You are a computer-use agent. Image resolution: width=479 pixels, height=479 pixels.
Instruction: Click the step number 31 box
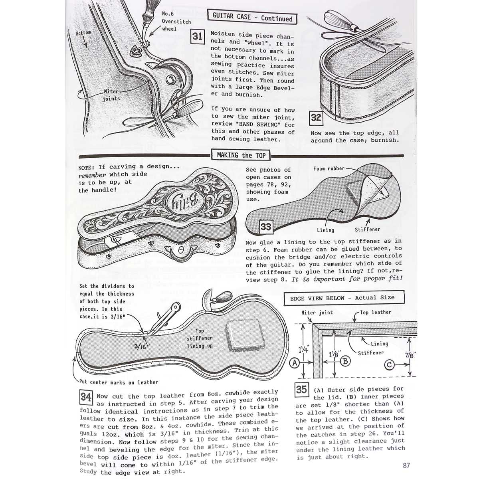tap(198, 37)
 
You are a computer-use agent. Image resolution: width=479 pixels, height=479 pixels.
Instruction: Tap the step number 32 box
tap(316, 118)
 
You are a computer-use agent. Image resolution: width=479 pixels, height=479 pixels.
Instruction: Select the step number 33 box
tap(266, 227)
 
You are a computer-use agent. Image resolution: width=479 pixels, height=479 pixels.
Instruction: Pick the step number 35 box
tap(301, 389)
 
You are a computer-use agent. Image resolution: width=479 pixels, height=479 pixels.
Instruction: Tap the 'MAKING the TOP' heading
tap(241, 155)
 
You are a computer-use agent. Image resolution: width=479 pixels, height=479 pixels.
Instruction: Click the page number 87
tap(406, 465)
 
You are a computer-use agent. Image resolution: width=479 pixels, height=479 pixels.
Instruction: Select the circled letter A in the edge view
tap(295, 363)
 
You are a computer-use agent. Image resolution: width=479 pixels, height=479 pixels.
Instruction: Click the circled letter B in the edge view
tap(345, 361)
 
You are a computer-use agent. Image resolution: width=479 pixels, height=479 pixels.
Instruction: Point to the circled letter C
tap(389, 365)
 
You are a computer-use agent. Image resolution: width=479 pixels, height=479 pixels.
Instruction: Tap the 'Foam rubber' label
tap(329, 168)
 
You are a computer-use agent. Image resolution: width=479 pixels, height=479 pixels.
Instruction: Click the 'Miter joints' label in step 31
tap(111, 95)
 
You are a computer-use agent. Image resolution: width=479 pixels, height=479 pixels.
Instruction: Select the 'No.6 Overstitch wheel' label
tap(176, 22)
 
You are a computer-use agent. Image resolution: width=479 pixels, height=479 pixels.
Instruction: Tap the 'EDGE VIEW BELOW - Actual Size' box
tap(344, 297)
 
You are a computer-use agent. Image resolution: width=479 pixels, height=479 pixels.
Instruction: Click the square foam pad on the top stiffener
tap(245, 335)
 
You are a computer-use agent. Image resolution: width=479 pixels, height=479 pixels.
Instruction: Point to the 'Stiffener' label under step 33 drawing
tap(367, 230)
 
